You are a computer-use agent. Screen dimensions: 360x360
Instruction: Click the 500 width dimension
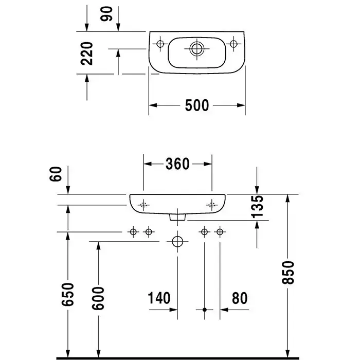[x=197, y=105]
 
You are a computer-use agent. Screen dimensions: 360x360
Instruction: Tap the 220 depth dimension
[x=88, y=53]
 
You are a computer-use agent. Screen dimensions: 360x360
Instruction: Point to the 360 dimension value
[x=177, y=164]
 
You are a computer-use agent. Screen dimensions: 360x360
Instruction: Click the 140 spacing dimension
[x=159, y=298]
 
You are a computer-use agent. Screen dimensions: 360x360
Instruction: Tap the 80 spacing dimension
[x=239, y=298]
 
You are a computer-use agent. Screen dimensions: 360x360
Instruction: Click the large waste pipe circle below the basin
[x=177, y=241]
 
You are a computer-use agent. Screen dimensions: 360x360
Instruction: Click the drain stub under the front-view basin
[x=177, y=218]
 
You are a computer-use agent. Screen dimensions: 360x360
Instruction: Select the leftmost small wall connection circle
[x=134, y=232]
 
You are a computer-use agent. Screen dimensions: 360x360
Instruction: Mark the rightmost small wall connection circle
[x=220, y=232]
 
